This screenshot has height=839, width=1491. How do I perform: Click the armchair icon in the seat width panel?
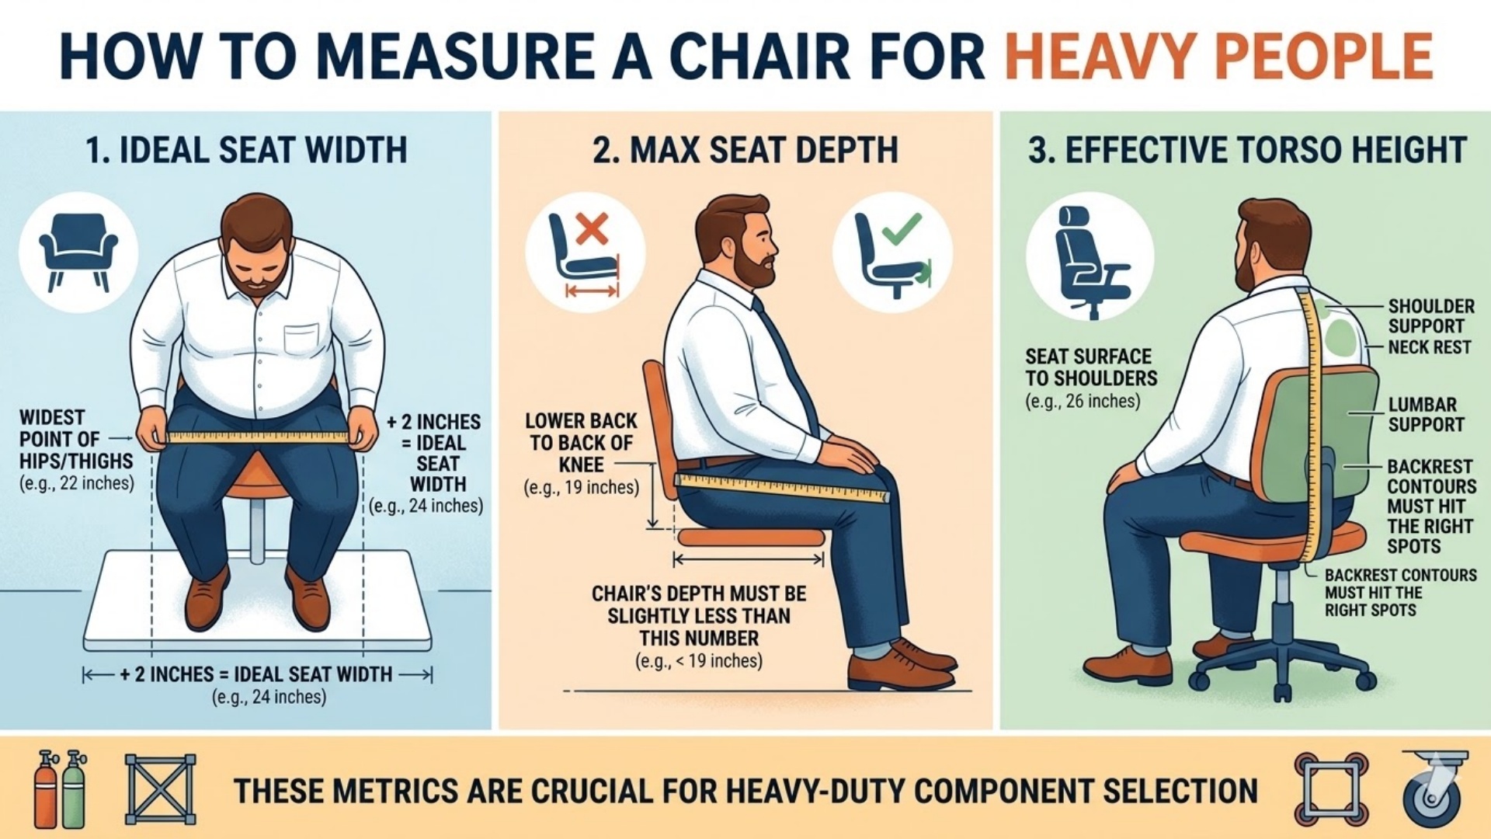click(x=78, y=251)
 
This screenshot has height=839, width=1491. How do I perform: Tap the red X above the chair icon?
click(x=593, y=230)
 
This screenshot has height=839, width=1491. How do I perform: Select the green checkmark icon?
click(x=904, y=228)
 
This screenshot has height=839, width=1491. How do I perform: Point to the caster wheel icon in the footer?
click(x=1434, y=789)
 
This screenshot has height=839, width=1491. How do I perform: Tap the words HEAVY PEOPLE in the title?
click(x=1218, y=56)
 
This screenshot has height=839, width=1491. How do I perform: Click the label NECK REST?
click(x=1429, y=347)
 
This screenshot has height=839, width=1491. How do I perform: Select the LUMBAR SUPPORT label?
click(x=1426, y=414)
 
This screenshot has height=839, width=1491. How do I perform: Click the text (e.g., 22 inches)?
click(x=76, y=483)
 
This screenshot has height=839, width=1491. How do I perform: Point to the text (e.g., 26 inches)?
click(x=1083, y=402)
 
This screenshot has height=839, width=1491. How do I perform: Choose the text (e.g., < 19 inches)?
click(x=698, y=661)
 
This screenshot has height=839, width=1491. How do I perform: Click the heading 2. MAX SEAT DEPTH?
click(x=745, y=150)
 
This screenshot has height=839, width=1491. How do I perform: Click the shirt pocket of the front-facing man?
click(x=301, y=339)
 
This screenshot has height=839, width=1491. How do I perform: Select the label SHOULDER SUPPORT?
click(x=1430, y=316)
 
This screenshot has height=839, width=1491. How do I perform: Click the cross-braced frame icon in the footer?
click(x=160, y=789)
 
